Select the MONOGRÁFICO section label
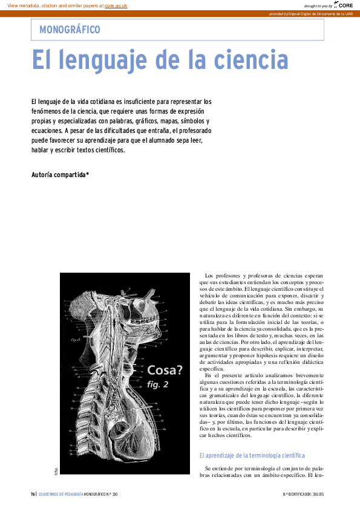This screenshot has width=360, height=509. click(x=70, y=29)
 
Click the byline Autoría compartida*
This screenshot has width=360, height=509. click(x=60, y=175)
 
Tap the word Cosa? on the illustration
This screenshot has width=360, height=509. click(x=165, y=370)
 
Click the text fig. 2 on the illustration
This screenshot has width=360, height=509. click(x=158, y=384)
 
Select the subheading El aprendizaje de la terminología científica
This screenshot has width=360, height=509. click(x=252, y=455)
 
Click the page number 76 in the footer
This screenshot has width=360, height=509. click(x=33, y=494)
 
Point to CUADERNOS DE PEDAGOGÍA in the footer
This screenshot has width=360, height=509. click(x=61, y=494)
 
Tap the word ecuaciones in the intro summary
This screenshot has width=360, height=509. click(x=46, y=130)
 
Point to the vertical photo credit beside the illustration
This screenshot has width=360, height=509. click(x=55, y=471)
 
